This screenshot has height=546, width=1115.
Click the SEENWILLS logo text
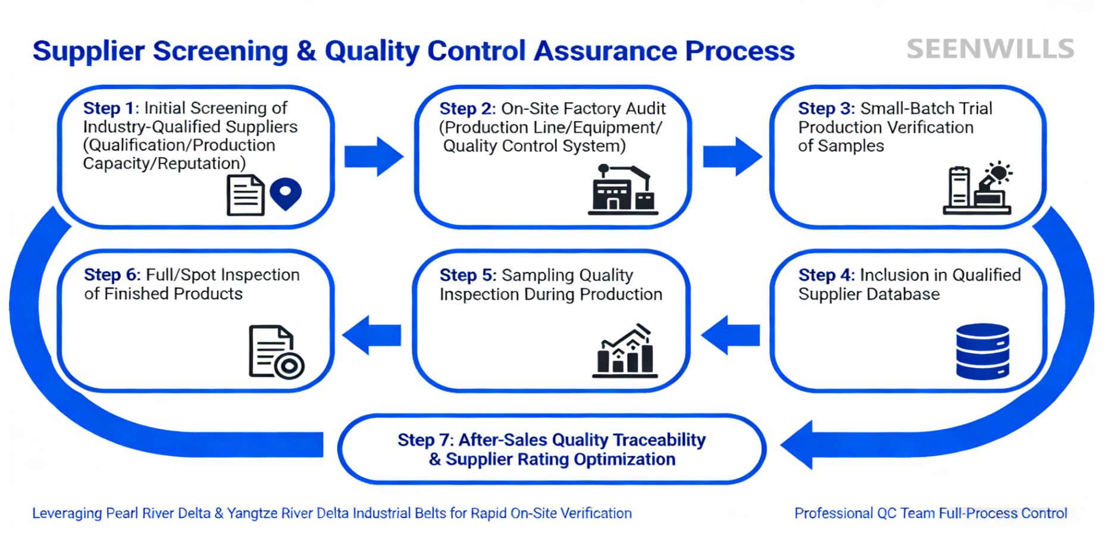click(x=990, y=49)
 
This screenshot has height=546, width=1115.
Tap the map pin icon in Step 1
click(x=286, y=193)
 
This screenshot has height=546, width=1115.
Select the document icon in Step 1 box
click(x=245, y=195)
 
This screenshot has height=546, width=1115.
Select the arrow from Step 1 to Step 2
click(x=374, y=156)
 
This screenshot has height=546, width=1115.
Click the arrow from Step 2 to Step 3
click(x=732, y=156)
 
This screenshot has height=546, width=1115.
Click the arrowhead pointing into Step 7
click(x=797, y=445)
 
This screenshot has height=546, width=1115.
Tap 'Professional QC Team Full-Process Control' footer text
click(x=931, y=513)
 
